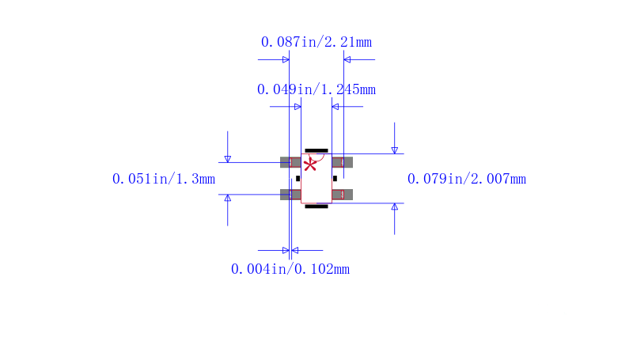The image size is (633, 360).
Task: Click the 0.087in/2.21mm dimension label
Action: click(x=316, y=42)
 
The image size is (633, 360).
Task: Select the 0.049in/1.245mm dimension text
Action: click(x=316, y=89)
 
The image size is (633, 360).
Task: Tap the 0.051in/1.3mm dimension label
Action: click(x=164, y=179)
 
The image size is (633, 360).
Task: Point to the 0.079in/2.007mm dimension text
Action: click(x=466, y=179)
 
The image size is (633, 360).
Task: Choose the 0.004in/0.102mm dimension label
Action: click(x=290, y=269)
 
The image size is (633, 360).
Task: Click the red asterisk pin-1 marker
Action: click(x=310, y=165)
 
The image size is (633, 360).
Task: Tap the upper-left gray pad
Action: click(x=290, y=162)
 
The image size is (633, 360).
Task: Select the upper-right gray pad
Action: click(x=343, y=162)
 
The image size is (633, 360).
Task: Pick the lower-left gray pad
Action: click(x=290, y=195)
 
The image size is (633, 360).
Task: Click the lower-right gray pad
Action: click(x=343, y=195)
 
